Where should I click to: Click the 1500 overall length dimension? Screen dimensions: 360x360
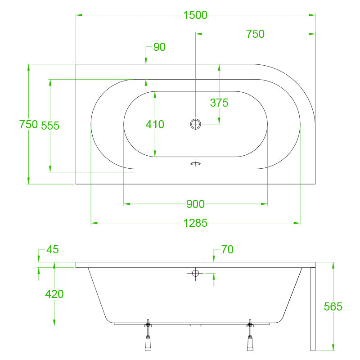click(195, 15)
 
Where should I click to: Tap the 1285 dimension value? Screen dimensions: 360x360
click(195, 223)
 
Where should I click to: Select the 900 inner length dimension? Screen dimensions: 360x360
click(195, 204)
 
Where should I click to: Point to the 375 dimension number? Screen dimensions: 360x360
click(219, 103)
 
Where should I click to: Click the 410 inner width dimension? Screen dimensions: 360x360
click(155, 125)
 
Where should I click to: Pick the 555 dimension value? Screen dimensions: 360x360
click(50, 126)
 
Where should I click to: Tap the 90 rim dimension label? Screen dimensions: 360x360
click(159, 47)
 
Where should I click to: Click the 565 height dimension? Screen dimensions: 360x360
click(333, 306)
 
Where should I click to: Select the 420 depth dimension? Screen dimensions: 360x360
click(54, 294)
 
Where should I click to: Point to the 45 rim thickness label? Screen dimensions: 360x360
click(53, 250)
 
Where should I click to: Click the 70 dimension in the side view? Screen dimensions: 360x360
click(227, 250)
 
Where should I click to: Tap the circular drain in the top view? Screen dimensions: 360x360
click(196, 124)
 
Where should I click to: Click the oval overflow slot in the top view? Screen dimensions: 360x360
click(196, 163)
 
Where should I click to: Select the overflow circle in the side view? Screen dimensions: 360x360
click(196, 273)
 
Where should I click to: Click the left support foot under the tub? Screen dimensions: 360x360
click(148, 335)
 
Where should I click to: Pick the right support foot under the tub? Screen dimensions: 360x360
click(250, 335)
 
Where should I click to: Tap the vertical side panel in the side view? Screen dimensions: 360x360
click(313, 309)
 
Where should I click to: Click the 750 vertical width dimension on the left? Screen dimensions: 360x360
click(28, 125)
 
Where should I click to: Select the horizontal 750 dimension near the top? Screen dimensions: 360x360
click(255, 34)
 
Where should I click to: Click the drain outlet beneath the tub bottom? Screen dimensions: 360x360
click(196, 325)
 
